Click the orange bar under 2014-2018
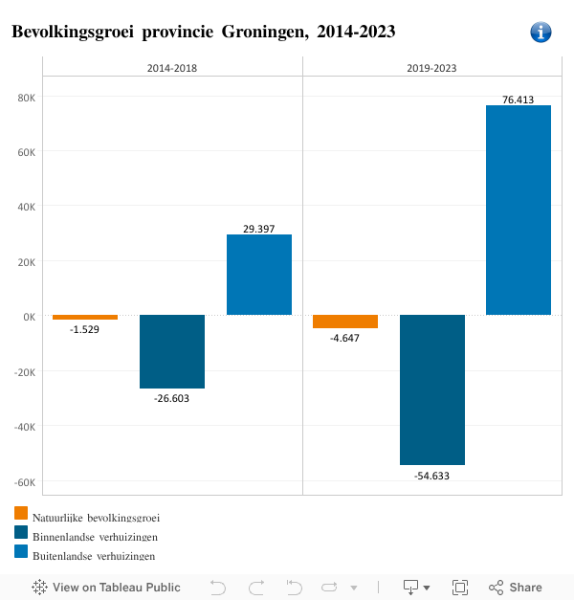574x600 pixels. [85, 317]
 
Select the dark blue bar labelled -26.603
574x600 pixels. [172, 351]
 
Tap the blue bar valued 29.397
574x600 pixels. [259, 275]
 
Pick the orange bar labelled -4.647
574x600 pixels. [345, 322]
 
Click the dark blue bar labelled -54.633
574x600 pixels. [432, 389]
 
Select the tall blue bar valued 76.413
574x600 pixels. [519, 210]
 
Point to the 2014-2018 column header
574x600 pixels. [172, 68]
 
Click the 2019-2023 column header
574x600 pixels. [431, 68]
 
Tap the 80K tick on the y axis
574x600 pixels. [26, 97]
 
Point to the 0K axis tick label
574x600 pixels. [29, 317]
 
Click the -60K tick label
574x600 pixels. [24, 482]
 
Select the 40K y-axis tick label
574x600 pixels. [26, 207]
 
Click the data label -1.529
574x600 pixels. [84, 329]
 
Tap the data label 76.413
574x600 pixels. [518, 99]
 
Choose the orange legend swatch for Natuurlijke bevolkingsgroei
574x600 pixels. [21, 514]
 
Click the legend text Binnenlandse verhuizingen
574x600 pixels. [95, 537]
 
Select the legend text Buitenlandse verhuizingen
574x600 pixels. [95, 556]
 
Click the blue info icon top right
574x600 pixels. [541, 33]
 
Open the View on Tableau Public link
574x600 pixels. [106, 588]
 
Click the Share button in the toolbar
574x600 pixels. [516, 588]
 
